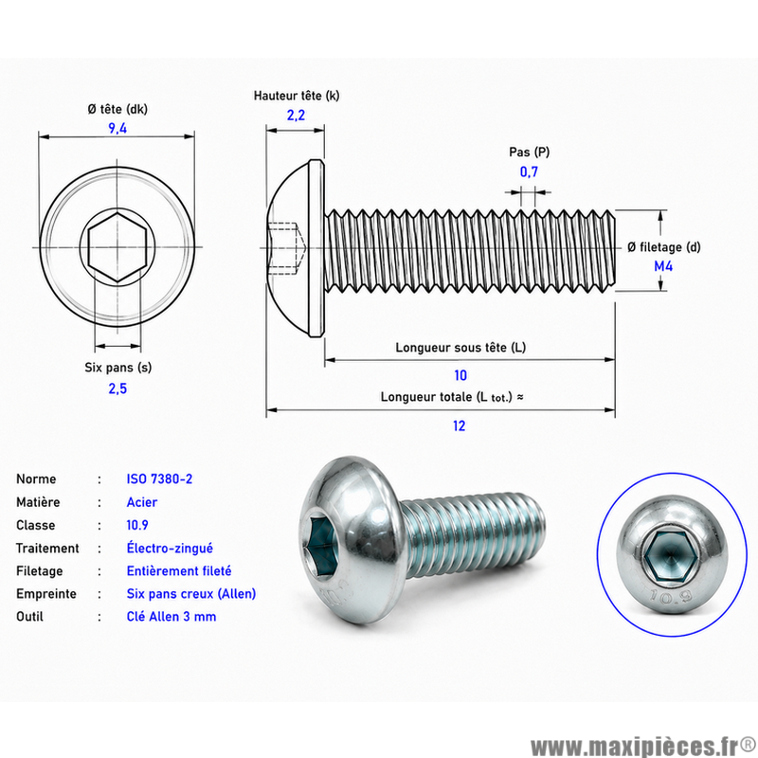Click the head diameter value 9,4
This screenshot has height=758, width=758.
pos(117,128)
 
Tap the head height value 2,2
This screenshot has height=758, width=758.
pos(296,115)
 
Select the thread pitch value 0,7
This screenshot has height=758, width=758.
pos(529,171)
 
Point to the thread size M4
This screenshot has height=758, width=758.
pos(663,266)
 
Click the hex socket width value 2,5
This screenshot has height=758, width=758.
pos(117,388)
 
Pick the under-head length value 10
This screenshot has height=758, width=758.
pos(460,375)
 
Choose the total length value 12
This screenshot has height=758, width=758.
pos(460,425)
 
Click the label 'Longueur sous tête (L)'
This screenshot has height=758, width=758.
pos(460,348)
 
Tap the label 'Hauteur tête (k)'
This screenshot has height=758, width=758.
pos(297,96)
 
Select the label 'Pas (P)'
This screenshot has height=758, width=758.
pos(530,153)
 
